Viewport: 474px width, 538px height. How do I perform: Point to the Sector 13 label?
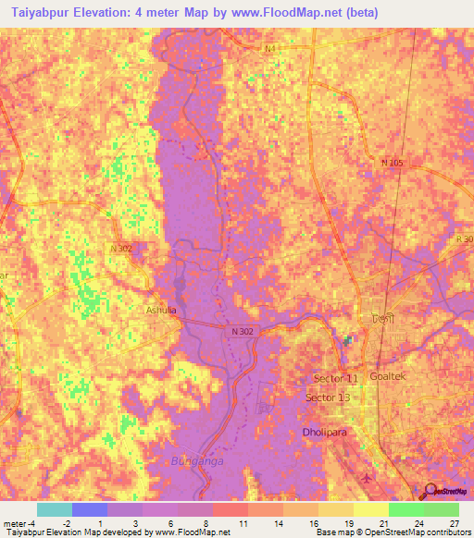coord(328,397)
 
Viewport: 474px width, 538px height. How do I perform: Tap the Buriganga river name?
coord(196,460)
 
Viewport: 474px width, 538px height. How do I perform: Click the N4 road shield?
coord(269,49)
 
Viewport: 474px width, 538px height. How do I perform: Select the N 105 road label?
coord(393,163)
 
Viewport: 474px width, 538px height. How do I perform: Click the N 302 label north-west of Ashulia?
coord(121,248)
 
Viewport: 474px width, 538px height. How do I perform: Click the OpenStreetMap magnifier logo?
coord(427,490)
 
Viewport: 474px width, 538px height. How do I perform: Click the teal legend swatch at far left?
coord(55,509)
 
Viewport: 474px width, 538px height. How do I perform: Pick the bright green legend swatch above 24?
coord(405,509)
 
